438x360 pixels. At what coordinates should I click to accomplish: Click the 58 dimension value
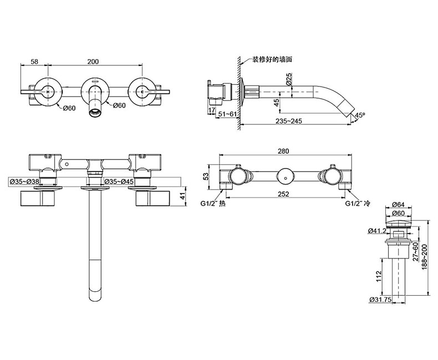pyautogui.click(x=34, y=61)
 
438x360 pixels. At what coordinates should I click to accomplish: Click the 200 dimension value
pyautogui.click(x=93, y=61)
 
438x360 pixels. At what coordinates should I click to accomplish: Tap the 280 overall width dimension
pyautogui.click(x=283, y=151)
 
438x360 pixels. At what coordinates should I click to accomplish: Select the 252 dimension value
pyautogui.click(x=283, y=194)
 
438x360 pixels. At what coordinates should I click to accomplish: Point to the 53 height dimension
pyautogui.click(x=206, y=176)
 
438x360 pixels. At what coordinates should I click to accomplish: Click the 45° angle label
pyautogui.click(x=360, y=115)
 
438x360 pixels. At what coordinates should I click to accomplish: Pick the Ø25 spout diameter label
pyautogui.click(x=289, y=79)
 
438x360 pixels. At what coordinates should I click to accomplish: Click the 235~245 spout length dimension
pyautogui.click(x=289, y=121)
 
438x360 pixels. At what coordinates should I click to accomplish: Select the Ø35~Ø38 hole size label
pyautogui.click(x=24, y=181)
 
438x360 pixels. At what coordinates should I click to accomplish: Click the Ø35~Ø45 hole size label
pyautogui.click(x=119, y=181)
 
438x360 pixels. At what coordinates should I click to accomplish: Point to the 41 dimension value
pyautogui.click(x=182, y=196)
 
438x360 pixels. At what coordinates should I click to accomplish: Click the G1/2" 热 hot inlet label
pyautogui.click(x=213, y=203)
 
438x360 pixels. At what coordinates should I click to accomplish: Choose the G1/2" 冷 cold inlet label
pyautogui.click(x=358, y=203)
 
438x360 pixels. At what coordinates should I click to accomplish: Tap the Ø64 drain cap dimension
pyautogui.click(x=398, y=205)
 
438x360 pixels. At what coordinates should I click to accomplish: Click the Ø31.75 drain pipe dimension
pyautogui.click(x=380, y=300)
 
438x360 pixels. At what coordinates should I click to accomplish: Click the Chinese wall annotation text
pyautogui.click(x=272, y=59)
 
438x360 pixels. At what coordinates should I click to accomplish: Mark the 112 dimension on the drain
pyautogui.click(x=379, y=276)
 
